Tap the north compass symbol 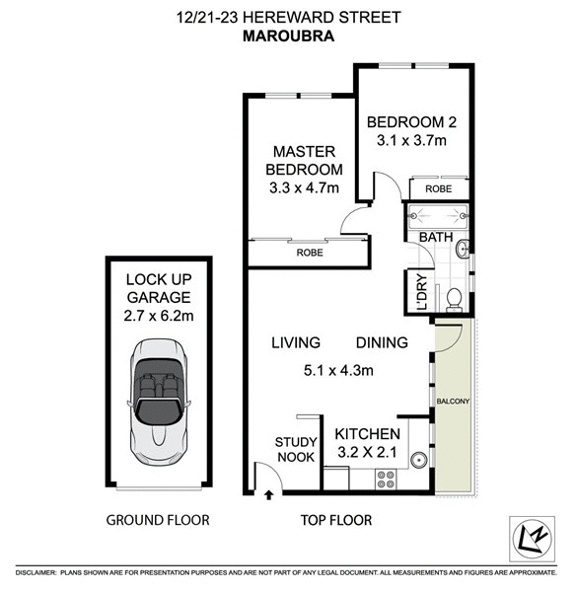pyautogui.click(x=534, y=539)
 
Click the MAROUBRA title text pyautogui.click(x=287, y=37)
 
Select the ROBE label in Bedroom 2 pyautogui.click(x=438, y=187)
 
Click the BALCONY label pyautogui.click(x=454, y=402)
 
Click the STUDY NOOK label pyautogui.click(x=295, y=449)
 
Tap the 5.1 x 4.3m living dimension pyautogui.click(x=339, y=372)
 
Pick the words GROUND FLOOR pyautogui.click(x=158, y=520)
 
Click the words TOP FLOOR pyautogui.click(x=336, y=520)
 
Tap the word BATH pyautogui.click(x=435, y=237)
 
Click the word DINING pyautogui.click(x=382, y=342)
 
